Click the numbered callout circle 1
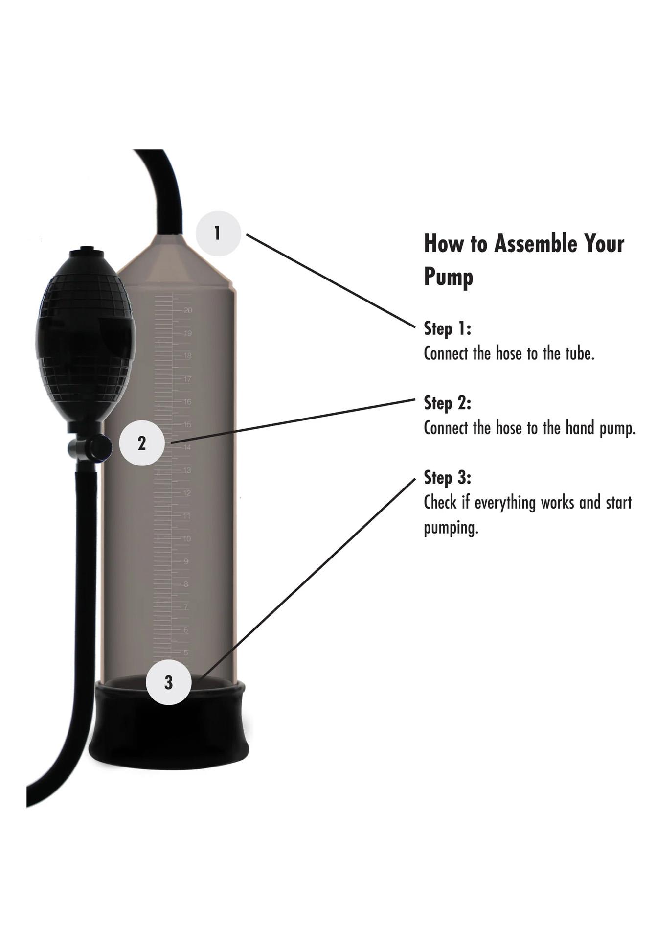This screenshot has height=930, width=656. click(218, 233)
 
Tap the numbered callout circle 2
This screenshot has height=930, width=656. click(142, 443)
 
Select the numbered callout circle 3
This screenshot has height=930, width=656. click(169, 682)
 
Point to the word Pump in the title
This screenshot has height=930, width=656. click(448, 277)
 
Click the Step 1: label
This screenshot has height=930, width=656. click(447, 328)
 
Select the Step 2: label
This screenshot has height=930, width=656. click(447, 403)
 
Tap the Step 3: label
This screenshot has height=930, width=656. click(447, 477)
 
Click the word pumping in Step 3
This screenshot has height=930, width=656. click(450, 529)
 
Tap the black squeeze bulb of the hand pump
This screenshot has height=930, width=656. click(85, 338)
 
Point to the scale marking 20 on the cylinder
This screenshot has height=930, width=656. click(188, 310)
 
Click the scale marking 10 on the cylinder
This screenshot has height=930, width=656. click(187, 539)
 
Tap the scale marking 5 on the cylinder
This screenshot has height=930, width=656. click(186, 653)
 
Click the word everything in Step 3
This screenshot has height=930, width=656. click(505, 503)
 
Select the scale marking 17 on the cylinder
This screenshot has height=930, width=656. click(187, 379)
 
